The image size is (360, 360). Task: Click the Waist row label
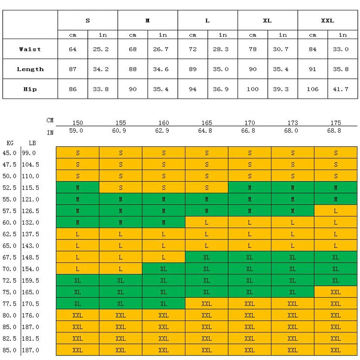coord(30,49)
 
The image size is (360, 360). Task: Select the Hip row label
coord(30,89)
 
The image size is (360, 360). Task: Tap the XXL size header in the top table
coord(328,21)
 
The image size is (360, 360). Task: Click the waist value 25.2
coord(101,49)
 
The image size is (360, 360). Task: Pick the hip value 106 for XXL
coord(312,89)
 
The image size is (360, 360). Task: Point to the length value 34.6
coord(161,69)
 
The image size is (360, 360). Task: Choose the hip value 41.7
coord(341,89)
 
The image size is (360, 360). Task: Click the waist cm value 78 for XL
coord(252,49)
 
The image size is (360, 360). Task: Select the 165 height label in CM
coord(207,123)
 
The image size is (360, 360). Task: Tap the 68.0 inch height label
coord(291,130)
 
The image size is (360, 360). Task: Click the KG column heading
coord(10,143)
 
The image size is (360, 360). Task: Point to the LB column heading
coord(32,143)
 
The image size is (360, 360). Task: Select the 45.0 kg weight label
coord(9,153)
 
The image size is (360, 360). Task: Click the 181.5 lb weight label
coord(31,339)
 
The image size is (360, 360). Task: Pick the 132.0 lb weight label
coord(31,222)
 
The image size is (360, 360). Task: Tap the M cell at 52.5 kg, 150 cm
coord(77,188)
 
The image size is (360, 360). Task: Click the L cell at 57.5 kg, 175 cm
coord(336,211)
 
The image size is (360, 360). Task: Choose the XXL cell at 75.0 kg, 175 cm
coord(336,292)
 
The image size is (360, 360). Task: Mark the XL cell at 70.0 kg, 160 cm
coord(163,269)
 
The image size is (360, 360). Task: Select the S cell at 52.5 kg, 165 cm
coord(207,188)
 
